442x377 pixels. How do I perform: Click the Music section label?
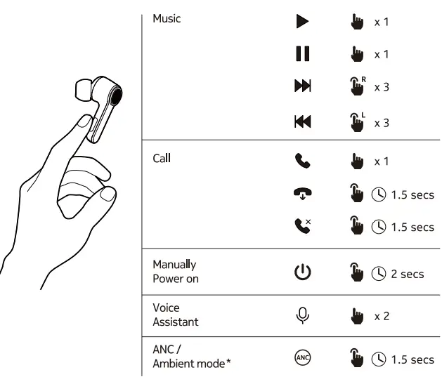(167, 19)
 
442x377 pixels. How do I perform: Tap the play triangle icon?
(302, 22)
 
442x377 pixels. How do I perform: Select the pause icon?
(302, 55)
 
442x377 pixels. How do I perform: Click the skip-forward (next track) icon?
(302, 87)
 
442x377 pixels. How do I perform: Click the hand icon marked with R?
(355, 87)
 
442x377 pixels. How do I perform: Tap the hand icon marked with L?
(355, 121)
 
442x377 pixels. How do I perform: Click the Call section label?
(162, 158)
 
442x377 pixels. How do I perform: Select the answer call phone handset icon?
(302, 161)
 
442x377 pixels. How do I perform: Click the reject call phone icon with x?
(302, 227)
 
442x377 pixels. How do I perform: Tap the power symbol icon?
(302, 273)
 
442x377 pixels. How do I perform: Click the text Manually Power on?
(176, 272)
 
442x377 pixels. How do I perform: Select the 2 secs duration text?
(408, 274)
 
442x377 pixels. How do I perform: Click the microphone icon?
(302, 316)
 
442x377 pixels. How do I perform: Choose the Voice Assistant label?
(176, 315)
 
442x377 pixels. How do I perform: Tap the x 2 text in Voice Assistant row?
(382, 317)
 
